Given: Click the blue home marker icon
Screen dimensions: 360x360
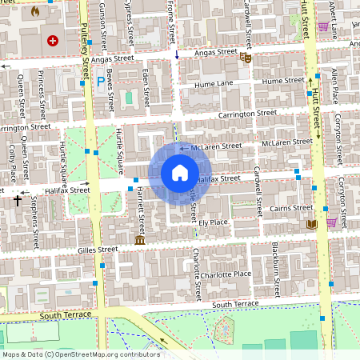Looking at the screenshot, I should (180, 173).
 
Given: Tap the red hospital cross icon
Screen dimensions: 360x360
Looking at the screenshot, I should (53, 40).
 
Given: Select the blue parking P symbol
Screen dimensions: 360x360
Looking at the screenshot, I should (100, 81).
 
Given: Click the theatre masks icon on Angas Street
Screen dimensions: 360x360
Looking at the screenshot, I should (246, 57).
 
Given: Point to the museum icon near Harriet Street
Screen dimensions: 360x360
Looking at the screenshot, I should (140, 240).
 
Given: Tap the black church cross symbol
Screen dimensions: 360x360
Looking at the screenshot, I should (17, 201).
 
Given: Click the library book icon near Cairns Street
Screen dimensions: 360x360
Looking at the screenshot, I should (312, 224).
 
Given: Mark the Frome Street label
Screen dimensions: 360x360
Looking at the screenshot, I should (172, 22).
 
